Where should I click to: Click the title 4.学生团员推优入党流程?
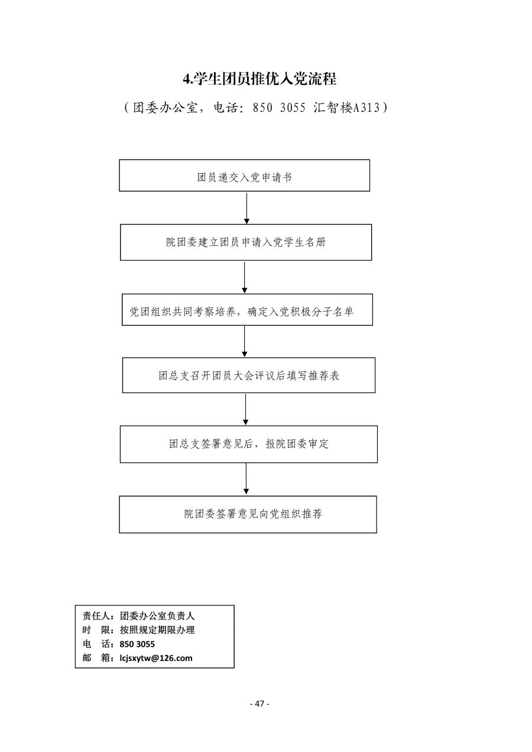pyautogui.click(x=259, y=79)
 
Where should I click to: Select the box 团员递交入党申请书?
pyautogui.click(x=244, y=176)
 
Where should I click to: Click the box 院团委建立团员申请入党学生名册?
pyautogui.click(x=246, y=242)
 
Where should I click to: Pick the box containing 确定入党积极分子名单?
pyautogui.click(x=247, y=310)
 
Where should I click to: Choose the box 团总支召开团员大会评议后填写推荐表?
pyautogui.click(x=249, y=375)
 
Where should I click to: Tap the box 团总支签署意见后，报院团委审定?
pyautogui.click(x=249, y=444)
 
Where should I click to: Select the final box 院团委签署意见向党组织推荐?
pyautogui.click(x=248, y=514)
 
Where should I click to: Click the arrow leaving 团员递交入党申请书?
pyautogui.click(x=246, y=208)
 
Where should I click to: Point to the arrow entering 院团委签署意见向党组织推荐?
pyautogui.click(x=246, y=478)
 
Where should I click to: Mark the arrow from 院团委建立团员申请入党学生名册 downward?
pyautogui.click(x=245, y=277)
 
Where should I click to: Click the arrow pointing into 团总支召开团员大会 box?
pyautogui.click(x=244, y=342)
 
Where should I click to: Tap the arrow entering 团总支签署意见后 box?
pyautogui.click(x=246, y=410)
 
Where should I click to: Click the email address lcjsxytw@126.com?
pyautogui.click(x=156, y=658)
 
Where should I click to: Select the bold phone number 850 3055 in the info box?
pyautogui.click(x=137, y=644)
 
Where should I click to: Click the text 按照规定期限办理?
pyautogui.click(x=157, y=630)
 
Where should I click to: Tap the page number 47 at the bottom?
pyautogui.click(x=259, y=704)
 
